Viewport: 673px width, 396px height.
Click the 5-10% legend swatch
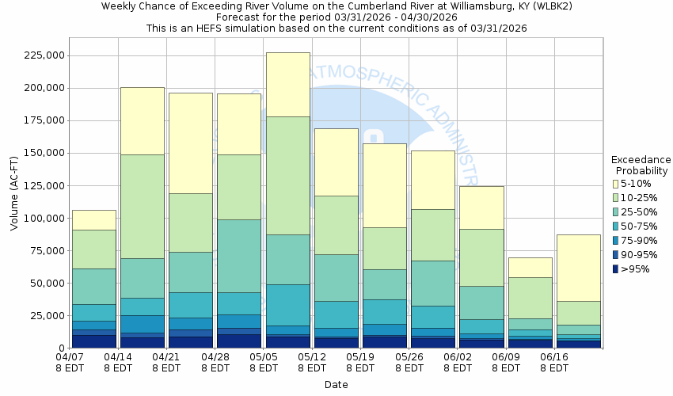coord(615,183)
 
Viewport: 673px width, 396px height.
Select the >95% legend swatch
coord(615,268)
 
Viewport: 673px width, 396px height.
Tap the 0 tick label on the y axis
coord(57,348)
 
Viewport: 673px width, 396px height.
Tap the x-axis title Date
coord(336,384)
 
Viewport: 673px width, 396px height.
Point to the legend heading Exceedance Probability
coord(641,165)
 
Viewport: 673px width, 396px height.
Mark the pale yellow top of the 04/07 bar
coord(93,219)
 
